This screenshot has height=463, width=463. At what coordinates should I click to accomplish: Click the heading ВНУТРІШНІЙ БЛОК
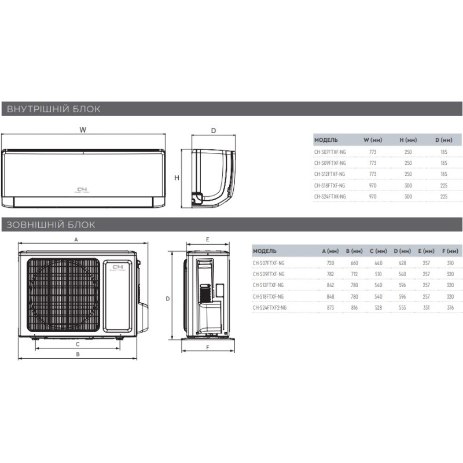53,109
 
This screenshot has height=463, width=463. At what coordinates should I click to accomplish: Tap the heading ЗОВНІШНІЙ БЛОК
51,225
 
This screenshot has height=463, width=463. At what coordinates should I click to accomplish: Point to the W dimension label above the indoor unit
83,130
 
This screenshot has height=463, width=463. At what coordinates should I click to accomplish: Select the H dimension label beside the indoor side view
177,178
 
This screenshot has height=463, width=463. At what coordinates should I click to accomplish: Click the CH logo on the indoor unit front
82,190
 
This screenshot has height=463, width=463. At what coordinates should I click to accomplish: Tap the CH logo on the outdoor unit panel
117,268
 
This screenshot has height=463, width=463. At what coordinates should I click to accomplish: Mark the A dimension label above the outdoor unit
76,240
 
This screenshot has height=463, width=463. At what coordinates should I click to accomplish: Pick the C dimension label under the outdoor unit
78,344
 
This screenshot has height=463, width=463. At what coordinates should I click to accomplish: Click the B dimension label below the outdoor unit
78,354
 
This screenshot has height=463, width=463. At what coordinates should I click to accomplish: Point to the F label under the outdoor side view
208,348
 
